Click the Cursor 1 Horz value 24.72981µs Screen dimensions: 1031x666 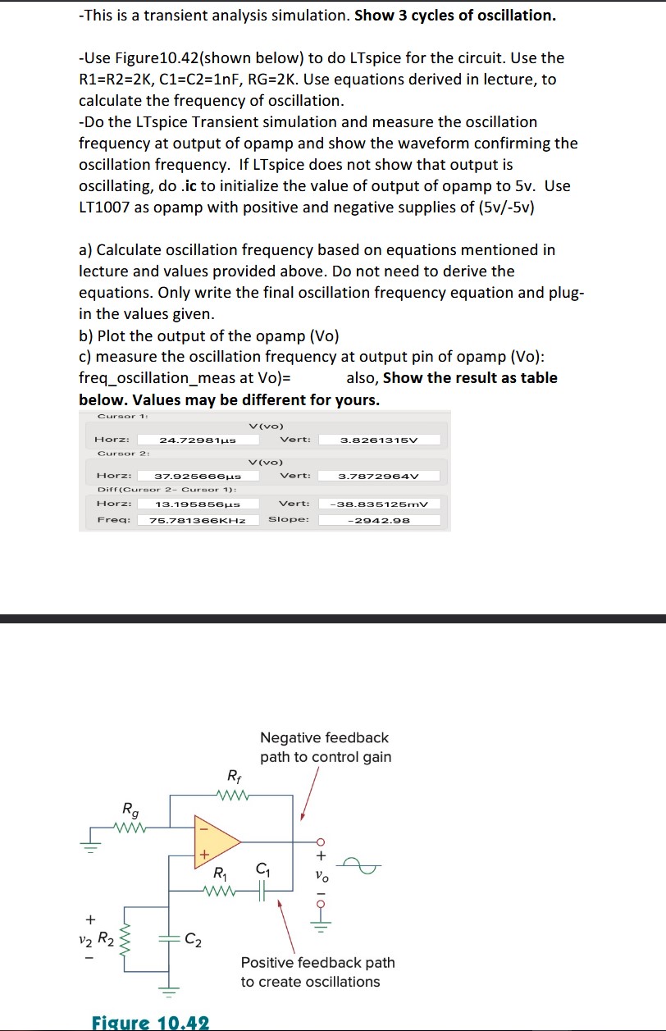[x=198, y=440]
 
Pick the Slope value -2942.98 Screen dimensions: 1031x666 [x=379, y=520]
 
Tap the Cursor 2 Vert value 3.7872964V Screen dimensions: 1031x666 [x=379, y=476]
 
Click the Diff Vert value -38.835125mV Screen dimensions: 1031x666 [x=379, y=504]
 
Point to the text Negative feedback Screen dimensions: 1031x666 [x=325, y=738]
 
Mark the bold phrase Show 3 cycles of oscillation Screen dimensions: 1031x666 [x=457, y=16]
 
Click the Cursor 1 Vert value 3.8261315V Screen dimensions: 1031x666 [x=379, y=440]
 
